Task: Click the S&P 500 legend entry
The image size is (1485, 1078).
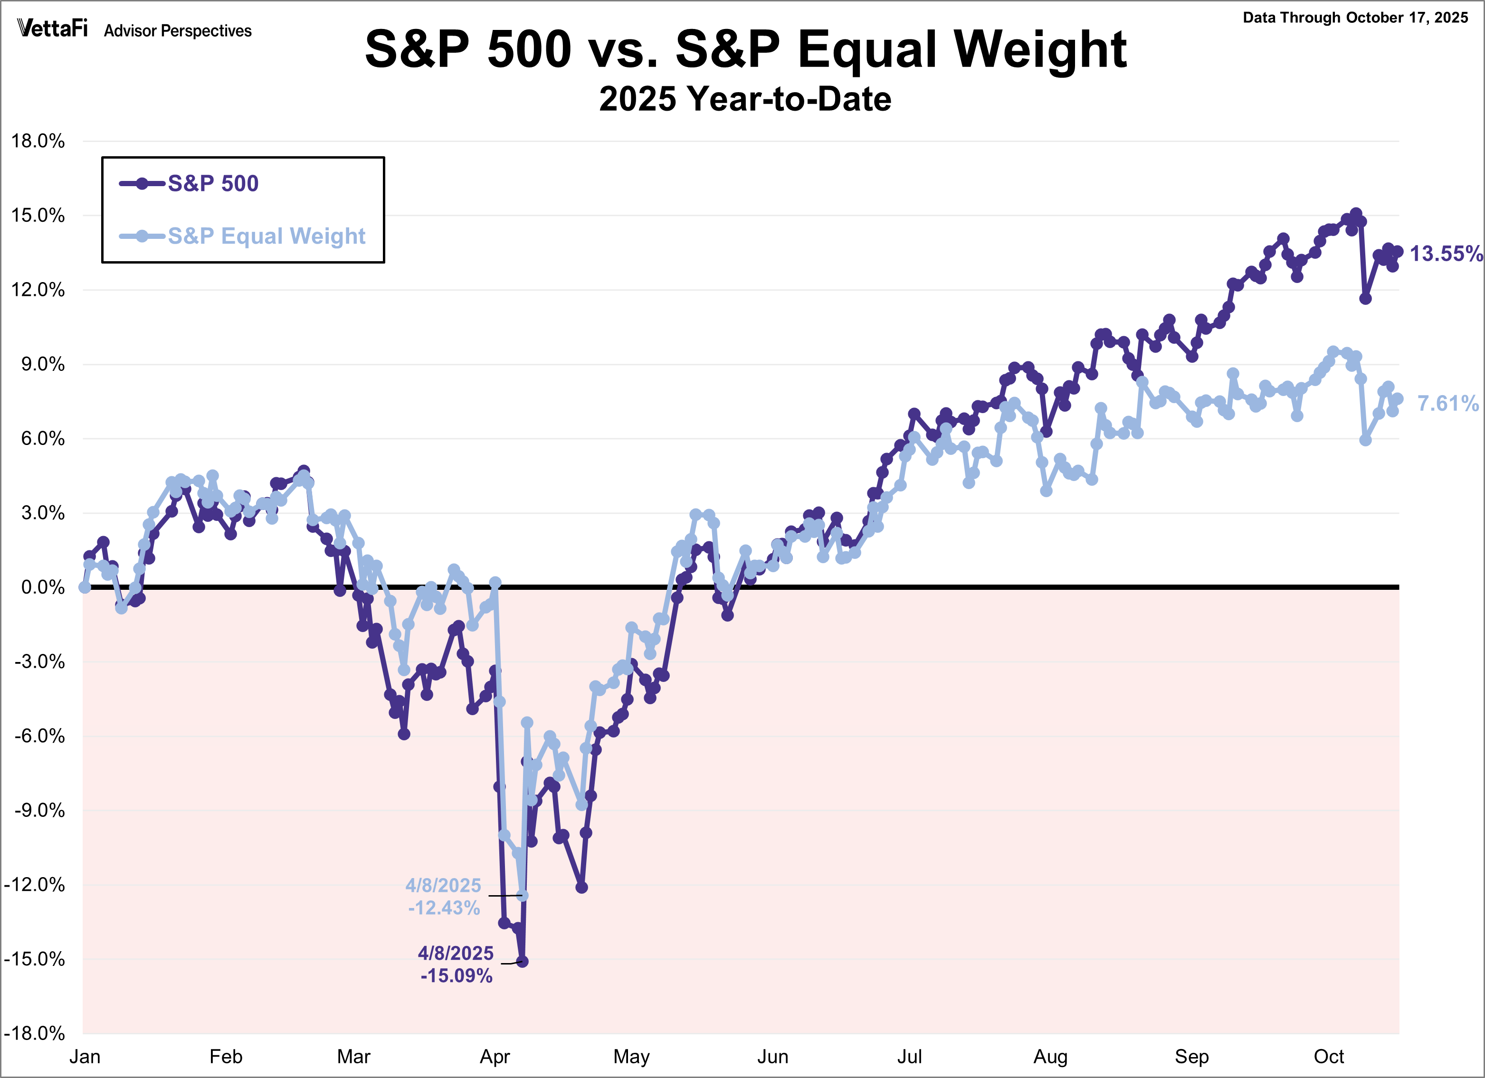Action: pyautogui.click(x=212, y=183)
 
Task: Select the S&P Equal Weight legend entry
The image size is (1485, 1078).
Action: pyautogui.click(x=266, y=236)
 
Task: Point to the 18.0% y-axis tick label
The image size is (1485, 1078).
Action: pyautogui.click(x=38, y=141)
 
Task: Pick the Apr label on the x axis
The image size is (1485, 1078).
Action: pyautogui.click(x=495, y=1057)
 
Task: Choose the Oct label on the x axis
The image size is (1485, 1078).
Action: pyautogui.click(x=1329, y=1057)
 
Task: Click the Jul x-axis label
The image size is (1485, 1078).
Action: pyautogui.click(x=909, y=1057)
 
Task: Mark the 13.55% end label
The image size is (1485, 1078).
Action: pyautogui.click(x=1445, y=254)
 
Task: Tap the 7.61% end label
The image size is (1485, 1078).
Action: pyautogui.click(x=1447, y=403)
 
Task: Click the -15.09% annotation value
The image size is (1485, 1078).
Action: pyautogui.click(x=457, y=976)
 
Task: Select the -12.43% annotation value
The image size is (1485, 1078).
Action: pyautogui.click(x=444, y=908)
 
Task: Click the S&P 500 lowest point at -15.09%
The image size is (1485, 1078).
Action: pyautogui.click(x=523, y=962)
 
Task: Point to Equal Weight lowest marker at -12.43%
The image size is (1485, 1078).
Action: pyautogui.click(x=523, y=895)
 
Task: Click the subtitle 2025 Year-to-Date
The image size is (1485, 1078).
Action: pyautogui.click(x=745, y=99)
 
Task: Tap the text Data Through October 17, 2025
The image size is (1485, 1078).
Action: pyautogui.click(x=1355, y=18)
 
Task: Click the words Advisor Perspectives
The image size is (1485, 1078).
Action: pyautogui.click(x=178, y=31)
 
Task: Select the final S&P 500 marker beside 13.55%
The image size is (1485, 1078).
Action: pyautogui.click(x=1398, y=251)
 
